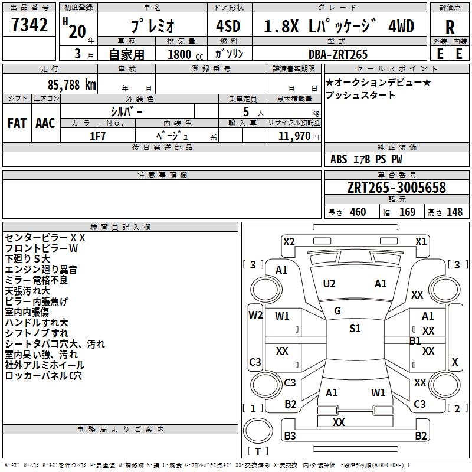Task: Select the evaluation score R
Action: (450, 27)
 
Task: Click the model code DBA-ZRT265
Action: (338, 54)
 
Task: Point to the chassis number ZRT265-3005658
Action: (396, 188)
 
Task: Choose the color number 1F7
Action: (97, 136)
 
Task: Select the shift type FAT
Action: (17, 123)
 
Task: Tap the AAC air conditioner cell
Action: (45, 123)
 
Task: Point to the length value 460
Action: (358, 212)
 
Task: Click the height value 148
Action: (454, 212)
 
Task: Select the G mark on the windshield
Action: (337, 311)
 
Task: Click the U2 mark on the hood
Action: (329, 284)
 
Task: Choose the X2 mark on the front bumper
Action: (289, 241)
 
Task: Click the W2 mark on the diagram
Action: (255, 315)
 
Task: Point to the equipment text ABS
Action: (339, 159)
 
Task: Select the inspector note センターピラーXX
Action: (45, 238)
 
